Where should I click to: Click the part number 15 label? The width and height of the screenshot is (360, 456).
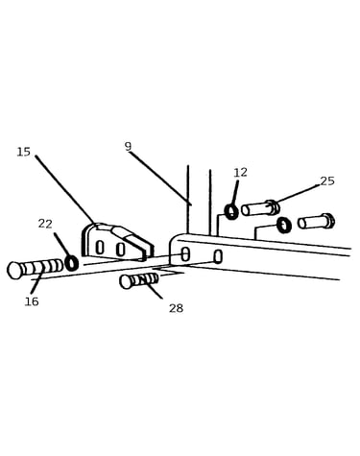pyautogui.click(x=24, y=152)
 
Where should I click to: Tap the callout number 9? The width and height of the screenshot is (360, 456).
pyautogui.click(x=128, y=146)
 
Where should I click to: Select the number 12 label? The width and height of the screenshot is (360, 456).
pyautogui.click(x=240, y=173)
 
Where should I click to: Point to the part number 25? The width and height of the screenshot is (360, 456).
pyautogui.click(x=327, y=181)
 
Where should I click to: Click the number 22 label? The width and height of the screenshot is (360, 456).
pyautogui.click(x=45, y=224)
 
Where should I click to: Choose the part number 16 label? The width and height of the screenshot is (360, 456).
pyautogui.click(x=32, y=301)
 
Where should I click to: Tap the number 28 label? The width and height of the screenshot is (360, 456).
pyautogui.click(x=176, y=308)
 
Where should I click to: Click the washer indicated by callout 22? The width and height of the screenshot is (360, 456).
pyautogui.click(x=72, y=263)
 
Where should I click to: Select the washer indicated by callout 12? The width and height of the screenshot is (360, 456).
pyautogui.click(x=231, y=212)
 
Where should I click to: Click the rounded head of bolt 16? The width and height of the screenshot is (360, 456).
pyautogui.click(x=14, y=270)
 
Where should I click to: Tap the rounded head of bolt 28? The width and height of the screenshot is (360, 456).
pyautogui.click(x=126, y=282)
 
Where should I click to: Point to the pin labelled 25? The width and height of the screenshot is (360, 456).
pyautogui.click(x=260, y=208)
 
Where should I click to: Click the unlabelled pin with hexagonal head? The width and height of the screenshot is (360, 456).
pyautogui.click(x=316, y=222)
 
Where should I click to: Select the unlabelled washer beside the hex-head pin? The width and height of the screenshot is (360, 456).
pyautogui.click(x=284, y=225)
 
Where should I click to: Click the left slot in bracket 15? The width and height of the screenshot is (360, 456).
pyautogui.click(x=100, y=248)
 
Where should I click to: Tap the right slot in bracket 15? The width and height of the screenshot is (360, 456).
pyautogui.click(x=120, y=250)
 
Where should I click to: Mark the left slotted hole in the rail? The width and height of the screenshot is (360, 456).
pyautogui.click(x=185, y=253)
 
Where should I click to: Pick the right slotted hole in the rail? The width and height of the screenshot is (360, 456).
pyautogui.click(x=218, y=257)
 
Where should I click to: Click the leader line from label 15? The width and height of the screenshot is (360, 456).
pyautogui.click(x=66, y=191)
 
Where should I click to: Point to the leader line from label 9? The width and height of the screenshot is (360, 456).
pyautogui.click(x=160, y=179)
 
